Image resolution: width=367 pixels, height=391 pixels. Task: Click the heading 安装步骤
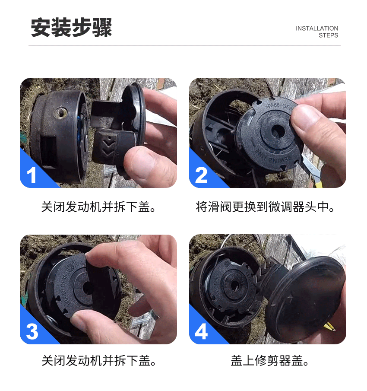click(71, 27)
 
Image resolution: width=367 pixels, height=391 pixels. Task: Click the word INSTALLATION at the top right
click(316, 29)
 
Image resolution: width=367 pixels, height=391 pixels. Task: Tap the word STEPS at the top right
click(328, 35)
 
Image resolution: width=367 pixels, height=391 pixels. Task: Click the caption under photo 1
click(99, 207)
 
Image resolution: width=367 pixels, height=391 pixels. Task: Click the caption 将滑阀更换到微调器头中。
click(265, 207)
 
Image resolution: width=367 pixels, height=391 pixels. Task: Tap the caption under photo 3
click(99, 361)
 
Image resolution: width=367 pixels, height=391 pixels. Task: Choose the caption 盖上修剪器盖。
click(270, 361)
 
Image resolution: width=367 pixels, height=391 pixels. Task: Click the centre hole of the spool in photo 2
click(278, 130)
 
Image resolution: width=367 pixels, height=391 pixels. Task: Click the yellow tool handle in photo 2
click(318, 182)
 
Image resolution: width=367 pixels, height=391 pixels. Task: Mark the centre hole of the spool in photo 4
click(234, 286)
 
